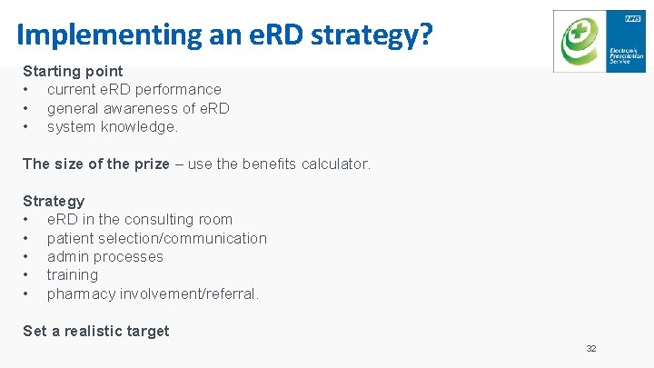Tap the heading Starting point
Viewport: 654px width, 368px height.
(73, 71)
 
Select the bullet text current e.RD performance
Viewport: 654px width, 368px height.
(134, 89)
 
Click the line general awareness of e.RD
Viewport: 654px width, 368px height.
(138, 108)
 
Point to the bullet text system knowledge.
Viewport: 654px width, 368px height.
(113, 127)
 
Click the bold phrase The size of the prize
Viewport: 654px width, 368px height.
(95, 164)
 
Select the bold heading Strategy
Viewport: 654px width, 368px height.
(54, 201)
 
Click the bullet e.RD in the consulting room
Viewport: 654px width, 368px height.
(140, 219)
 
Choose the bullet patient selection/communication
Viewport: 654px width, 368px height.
(157, 238)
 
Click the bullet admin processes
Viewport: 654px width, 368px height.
(105, 256)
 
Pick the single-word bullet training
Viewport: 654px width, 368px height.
(73, 274)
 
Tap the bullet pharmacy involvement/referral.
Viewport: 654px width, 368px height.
(153, 293)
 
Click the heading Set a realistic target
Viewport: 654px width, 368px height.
(95, 331)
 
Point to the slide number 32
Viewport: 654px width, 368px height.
(591, 349)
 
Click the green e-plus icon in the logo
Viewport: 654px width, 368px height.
(579, 42)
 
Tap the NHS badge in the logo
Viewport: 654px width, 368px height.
(633, 17)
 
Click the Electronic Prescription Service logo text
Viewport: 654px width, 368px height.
(626, 55)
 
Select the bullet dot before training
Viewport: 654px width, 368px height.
(27, 275)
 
